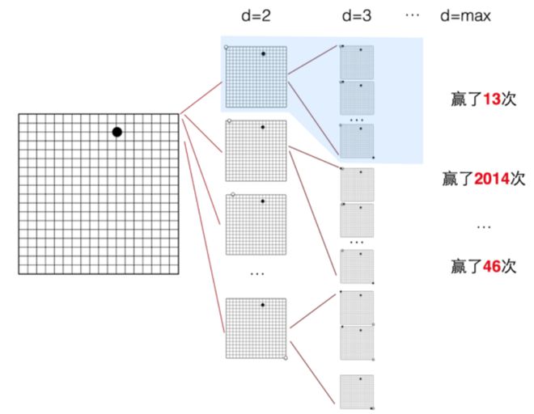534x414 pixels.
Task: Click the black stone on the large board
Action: [117, 132]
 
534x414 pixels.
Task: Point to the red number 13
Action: [490, 99]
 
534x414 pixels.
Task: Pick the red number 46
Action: [490, 264]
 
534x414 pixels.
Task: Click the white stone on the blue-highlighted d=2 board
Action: [227, 47]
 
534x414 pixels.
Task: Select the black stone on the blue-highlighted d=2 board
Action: [263, 53]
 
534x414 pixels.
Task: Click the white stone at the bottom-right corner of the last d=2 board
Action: [286, 357]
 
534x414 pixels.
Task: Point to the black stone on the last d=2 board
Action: [263, 305]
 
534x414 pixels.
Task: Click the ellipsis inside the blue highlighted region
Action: [357, 119]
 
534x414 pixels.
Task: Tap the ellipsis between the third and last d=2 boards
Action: [256, 275]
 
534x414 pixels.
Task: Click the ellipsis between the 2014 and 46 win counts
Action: [483, 226]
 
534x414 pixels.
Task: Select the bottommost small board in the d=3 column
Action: [357, 392]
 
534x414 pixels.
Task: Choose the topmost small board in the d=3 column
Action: [357, 61]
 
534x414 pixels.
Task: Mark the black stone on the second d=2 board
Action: [263, 128]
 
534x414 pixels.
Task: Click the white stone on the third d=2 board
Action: [234, 195]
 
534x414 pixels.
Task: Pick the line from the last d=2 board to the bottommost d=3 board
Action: [312, 376]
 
